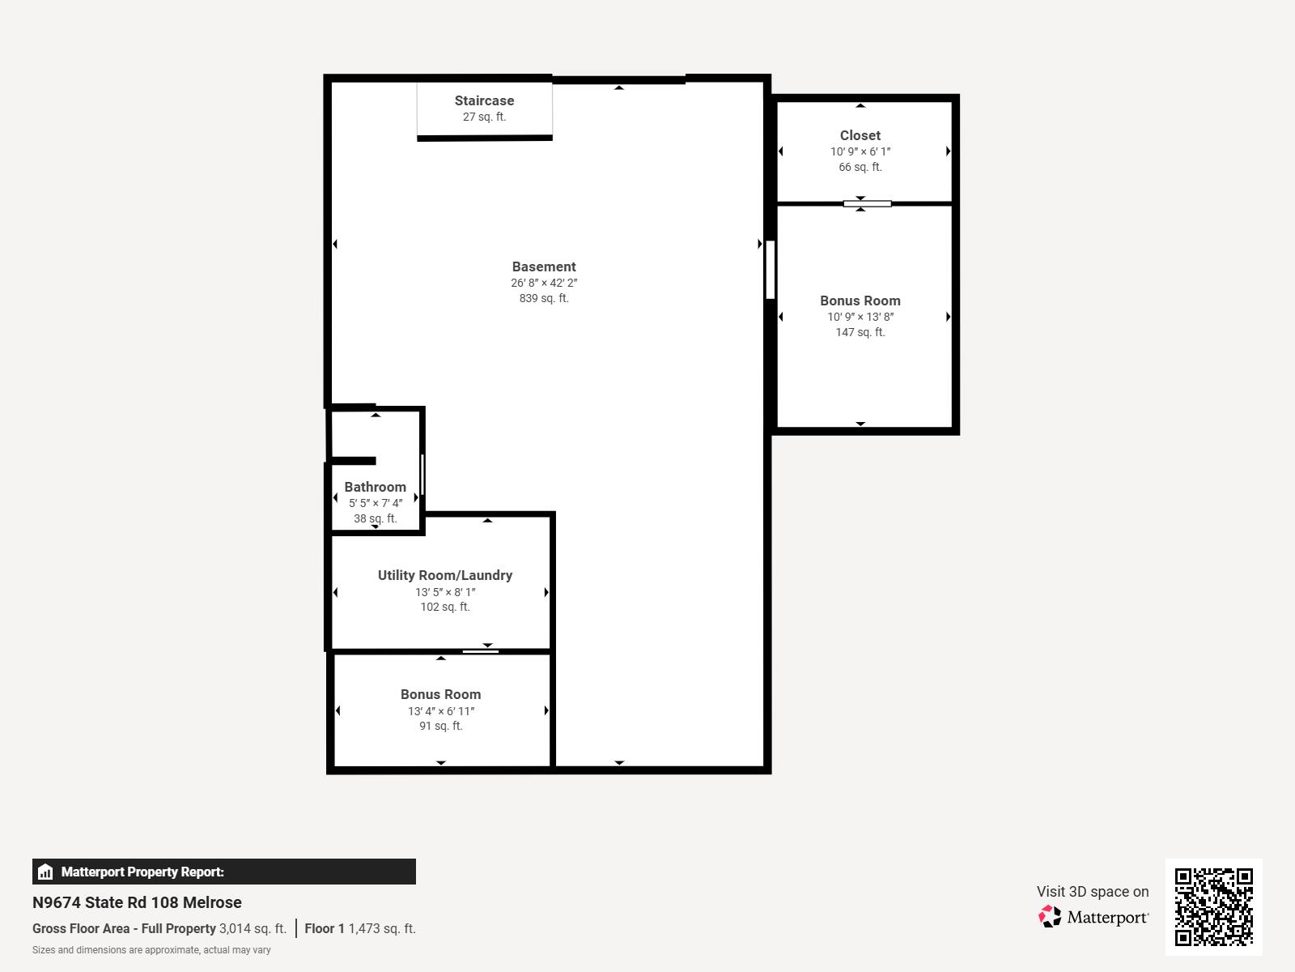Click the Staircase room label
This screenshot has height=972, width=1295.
484,100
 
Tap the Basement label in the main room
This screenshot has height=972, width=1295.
543,266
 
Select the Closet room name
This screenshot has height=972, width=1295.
860,135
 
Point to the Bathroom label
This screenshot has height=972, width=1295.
376,487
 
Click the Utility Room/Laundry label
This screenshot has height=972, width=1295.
445,575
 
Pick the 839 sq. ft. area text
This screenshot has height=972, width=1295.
543,298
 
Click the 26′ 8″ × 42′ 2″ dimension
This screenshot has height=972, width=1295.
543,283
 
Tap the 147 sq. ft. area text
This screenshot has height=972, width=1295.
860,332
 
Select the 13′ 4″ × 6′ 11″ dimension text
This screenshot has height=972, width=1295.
441,710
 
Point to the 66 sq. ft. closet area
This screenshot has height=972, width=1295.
860,167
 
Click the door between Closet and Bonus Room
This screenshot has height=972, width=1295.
867,204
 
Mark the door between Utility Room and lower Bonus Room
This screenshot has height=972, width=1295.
480,651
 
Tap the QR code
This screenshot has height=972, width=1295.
1213,907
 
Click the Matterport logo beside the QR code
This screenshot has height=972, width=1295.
1093,917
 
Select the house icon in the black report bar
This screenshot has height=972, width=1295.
45,872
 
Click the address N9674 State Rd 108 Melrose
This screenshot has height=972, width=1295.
137,902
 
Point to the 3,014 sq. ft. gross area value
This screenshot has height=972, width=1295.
253,928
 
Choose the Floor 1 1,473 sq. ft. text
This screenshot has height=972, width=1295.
360,928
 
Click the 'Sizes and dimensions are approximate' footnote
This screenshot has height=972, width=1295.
151,950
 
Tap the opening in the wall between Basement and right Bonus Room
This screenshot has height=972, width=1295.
770,270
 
